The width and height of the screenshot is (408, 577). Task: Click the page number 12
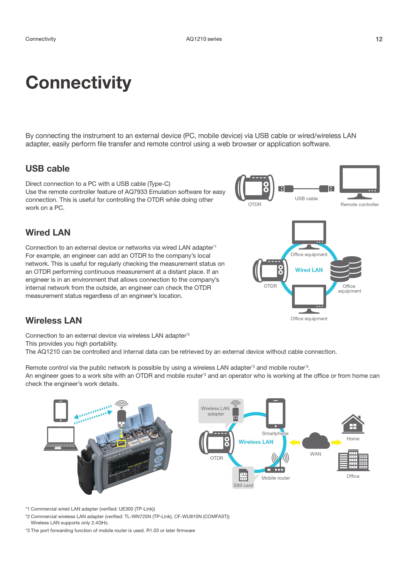tap(379, 39)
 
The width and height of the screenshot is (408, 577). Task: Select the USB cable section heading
tap(47, 169)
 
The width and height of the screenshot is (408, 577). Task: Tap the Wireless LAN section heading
tap(53, 321)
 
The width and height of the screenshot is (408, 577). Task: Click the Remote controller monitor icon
tap(360, 181)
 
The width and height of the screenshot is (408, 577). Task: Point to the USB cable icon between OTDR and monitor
tap(306, 188)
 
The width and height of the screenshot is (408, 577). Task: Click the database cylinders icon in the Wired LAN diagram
tap(346, 269)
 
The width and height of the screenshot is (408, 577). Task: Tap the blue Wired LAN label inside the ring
tap(309, 270)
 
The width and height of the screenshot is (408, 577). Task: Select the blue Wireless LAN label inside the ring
tap(256, 442)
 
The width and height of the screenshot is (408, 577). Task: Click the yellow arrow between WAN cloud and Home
tap(336, 443)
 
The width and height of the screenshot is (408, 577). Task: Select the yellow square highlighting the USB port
tap(121, 444)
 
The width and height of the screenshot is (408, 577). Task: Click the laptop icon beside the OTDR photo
tap(61, 439)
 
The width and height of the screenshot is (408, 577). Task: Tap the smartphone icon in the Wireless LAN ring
tap(276, 413)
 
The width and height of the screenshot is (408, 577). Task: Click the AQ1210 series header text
tap(204, 39)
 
